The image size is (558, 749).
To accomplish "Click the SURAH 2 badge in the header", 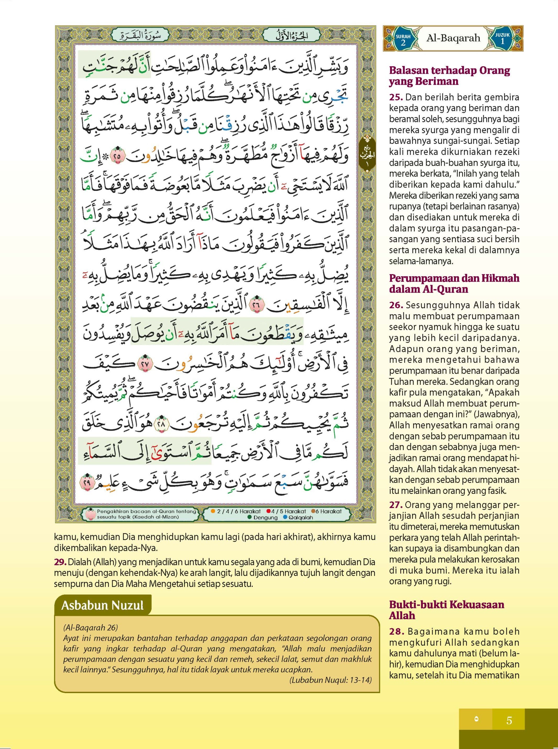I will pos(403,39).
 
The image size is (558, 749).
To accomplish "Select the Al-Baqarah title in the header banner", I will pos(453,38).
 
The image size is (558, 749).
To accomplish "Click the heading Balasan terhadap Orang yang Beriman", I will pos(449,76).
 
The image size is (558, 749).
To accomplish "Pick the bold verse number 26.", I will pos(396,305).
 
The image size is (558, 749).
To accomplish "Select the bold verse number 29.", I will pos(60,562).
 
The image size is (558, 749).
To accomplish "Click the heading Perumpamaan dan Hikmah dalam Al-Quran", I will pos(454,284).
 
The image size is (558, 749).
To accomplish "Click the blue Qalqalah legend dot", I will pos(285,517).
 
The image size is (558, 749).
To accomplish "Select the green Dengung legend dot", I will pos(250,517).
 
